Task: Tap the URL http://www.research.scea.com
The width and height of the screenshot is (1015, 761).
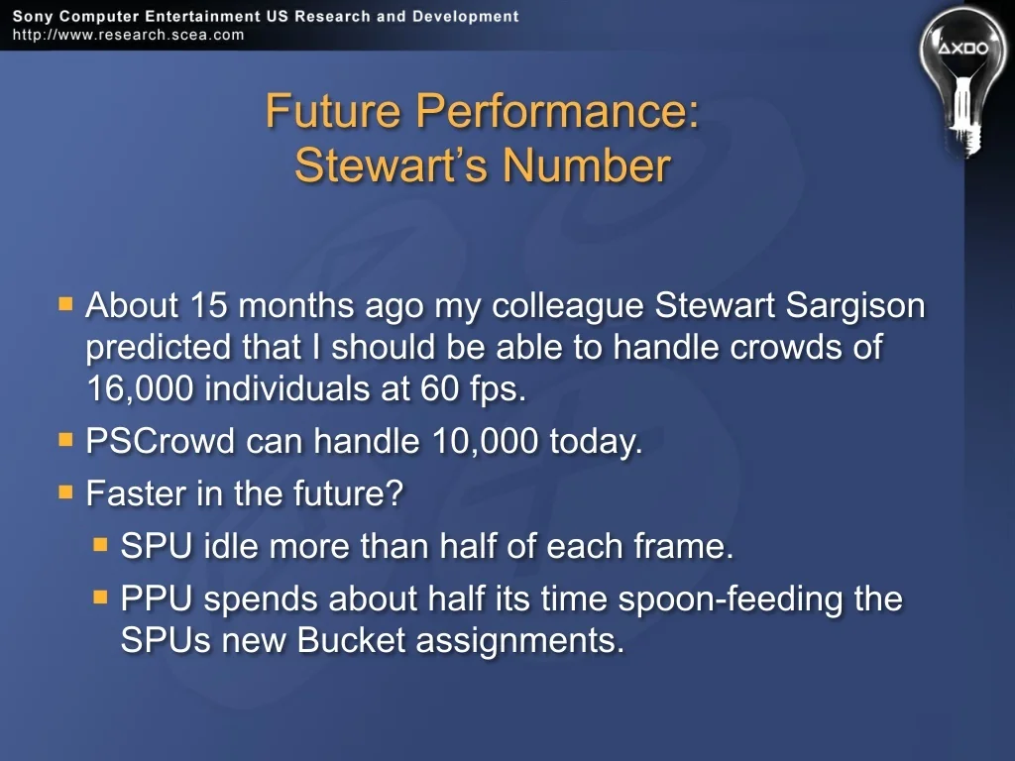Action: (128, 35)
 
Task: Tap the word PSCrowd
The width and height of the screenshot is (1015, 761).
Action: (160, 441)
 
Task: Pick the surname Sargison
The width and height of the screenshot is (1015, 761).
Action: (855, 306)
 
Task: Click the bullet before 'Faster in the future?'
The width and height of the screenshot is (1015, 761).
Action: (65, 493)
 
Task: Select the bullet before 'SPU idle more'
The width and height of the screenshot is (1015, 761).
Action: (100, 545)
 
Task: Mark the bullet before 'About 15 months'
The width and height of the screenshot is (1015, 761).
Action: (65, 303)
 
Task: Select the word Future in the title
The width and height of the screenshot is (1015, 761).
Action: (333, 110)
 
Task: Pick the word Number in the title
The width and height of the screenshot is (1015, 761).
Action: (587, 165)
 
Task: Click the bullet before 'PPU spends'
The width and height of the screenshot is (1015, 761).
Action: (100, 597)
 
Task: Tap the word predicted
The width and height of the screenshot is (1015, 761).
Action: (159, 348)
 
